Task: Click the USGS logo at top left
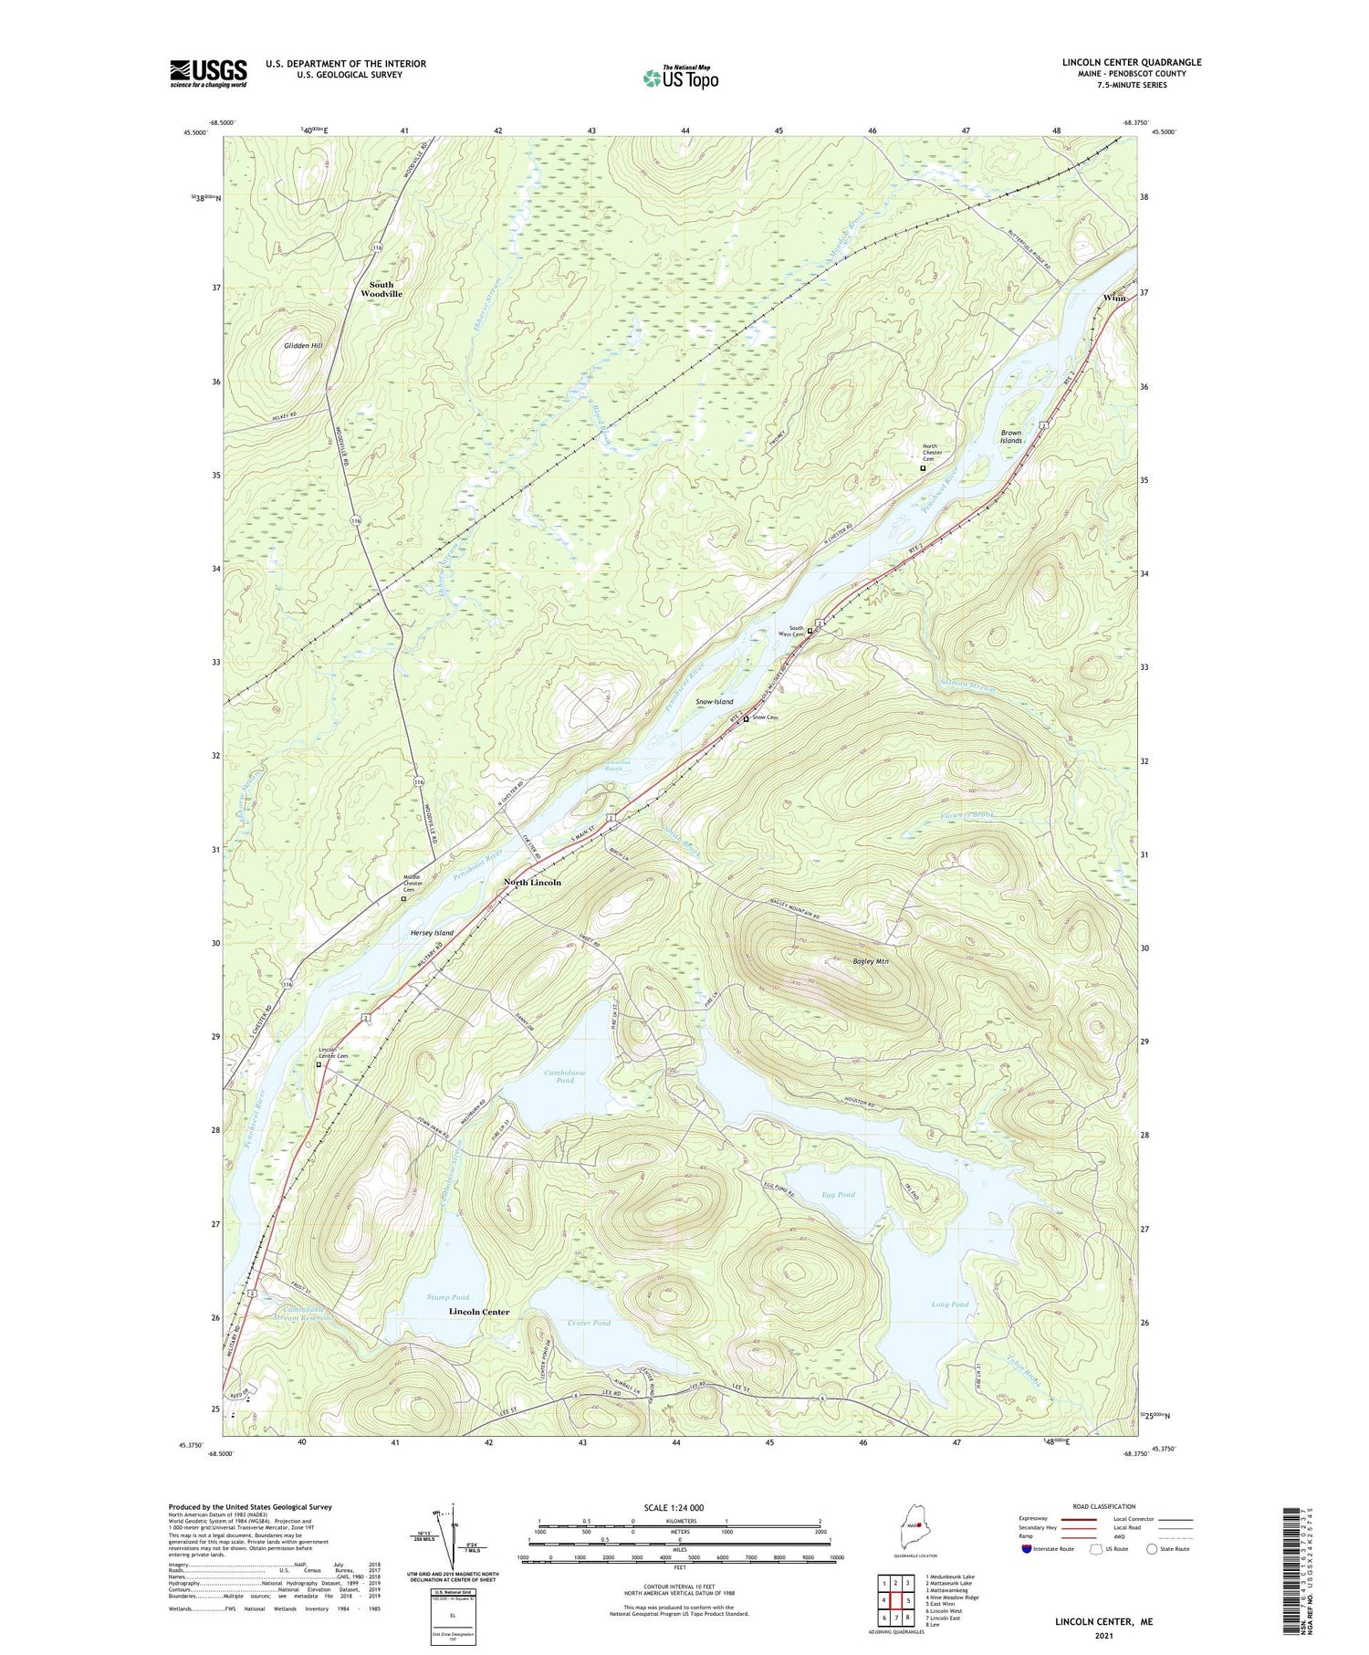pyautogui.click(x=208, y=73)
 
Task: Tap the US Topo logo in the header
pyautogui.click(x=680, y=79)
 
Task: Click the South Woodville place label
pyautogui.click(x=381, y=289)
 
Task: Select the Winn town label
pyautogui.click(x=1113, y=299)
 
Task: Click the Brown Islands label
pyautogui.click(x=1010, y=436)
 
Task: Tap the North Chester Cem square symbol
pyautogui.click(x=923, y=468)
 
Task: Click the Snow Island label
pyautogui.click(x=714, y=702)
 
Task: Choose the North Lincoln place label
pyautogui.click(x=533, y=883)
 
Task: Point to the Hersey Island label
pyautogui.click(x=432, y=933)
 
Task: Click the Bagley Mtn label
pyautogui.click(x=870, y=961)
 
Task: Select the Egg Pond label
pyautogui.click(x=838, y=1194)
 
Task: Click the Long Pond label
pyautogui.click(x=949, y=1304)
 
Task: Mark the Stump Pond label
pyautogui.click(x=448, y=1297)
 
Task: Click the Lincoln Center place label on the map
pyautogui.click(x=479, y=1312)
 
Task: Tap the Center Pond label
pyautogui.click(x=589, y=1323)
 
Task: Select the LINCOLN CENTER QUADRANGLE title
pyautogui.click(x=1131, y=62)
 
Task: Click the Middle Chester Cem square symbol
pyautogui.click(x=403, y=898)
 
